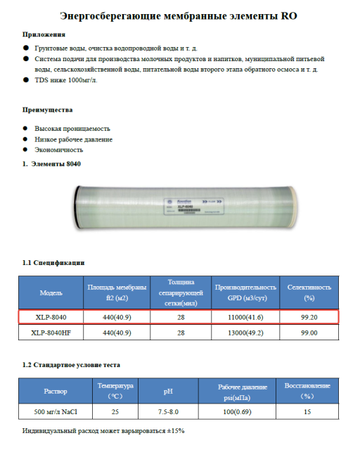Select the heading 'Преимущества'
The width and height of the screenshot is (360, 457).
point(47,110)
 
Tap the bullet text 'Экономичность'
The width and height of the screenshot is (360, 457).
point(58,150)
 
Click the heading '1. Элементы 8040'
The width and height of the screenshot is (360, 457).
point(52,164)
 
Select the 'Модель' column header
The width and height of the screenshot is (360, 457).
point(51,292)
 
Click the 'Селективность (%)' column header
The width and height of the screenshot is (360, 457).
point(309,292)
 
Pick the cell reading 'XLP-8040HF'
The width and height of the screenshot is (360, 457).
point(51,333)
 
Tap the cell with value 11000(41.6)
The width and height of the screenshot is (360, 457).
point(245,317)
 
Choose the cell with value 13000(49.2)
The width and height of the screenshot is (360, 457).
point(245,333)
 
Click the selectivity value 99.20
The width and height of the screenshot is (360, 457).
point(309,317)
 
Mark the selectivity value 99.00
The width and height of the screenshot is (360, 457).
point(309,333)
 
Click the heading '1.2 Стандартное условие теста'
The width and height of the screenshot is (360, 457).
point(71,365)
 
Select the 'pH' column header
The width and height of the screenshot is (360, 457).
point(168,391)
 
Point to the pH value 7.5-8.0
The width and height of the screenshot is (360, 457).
point(168,412)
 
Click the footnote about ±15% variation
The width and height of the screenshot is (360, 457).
point(103,430)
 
